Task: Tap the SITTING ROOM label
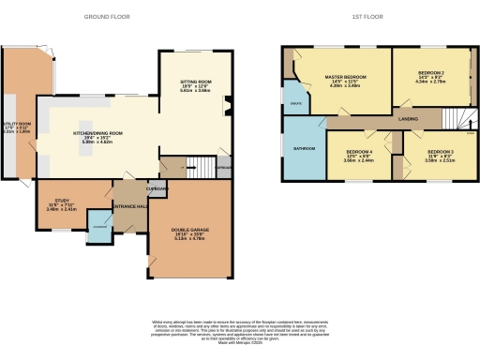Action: pos(195,83)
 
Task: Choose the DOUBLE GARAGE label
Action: pos(190,230)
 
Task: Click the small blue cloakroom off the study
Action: pos(98,224)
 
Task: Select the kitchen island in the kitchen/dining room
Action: pos(90,128)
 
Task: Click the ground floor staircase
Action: pos(201,168)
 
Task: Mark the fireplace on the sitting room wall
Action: pos(226,106)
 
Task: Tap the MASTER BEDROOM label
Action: pos(345,77)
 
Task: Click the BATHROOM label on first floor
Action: pos(303,148)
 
